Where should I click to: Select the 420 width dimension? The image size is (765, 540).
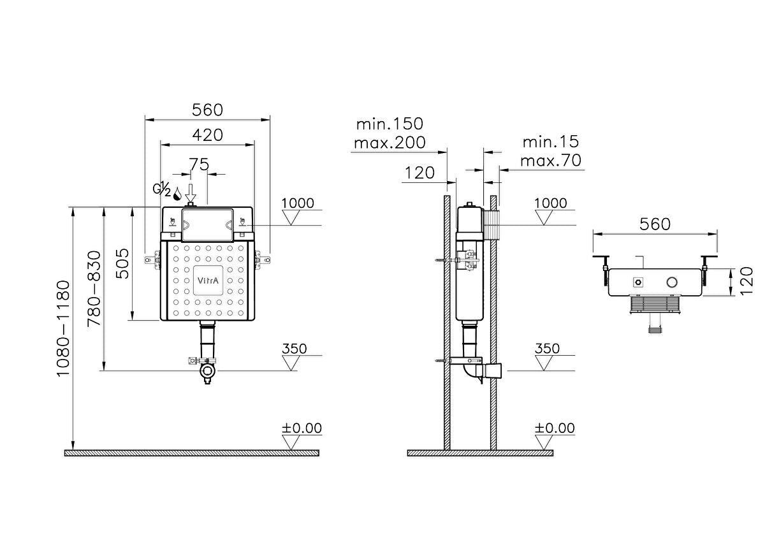[x=208, y=135]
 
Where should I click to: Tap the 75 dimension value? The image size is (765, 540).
[x=199, y=164]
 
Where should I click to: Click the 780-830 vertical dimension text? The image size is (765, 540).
[x=93, y=288]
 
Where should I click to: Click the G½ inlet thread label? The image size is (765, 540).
[x=161, y=189]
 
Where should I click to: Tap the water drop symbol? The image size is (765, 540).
[x=177, y=191]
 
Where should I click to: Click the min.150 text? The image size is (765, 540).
[x=389, y=123]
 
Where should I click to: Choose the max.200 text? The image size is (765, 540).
[x=389, y=142]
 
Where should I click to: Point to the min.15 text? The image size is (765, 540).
[x=550, y=142]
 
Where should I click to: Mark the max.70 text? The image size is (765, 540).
[x=550, y=161]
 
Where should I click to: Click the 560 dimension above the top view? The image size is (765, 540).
[x=655, y=224]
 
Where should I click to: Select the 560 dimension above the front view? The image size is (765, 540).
[x=208, y=110]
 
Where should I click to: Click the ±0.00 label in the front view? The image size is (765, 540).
[x=302, y=428]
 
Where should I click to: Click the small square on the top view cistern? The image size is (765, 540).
[x=637, y=282]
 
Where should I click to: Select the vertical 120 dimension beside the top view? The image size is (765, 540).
[x=747, y=281]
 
